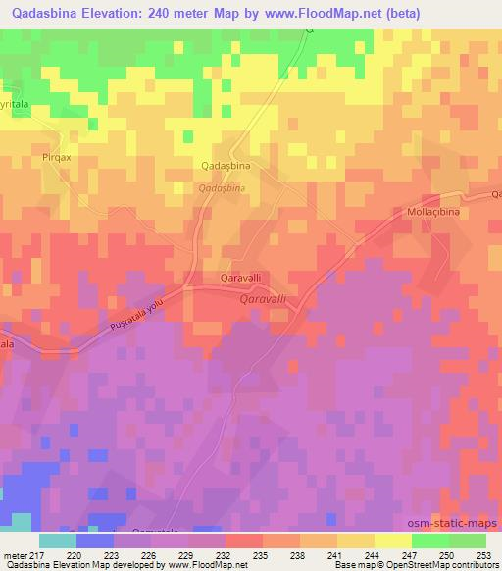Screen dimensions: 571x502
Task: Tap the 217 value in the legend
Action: point(38,554)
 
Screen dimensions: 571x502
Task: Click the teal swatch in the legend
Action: point(57,541)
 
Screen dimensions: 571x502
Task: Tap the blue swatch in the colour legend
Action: point(95,541)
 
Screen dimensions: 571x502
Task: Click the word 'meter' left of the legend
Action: point(15,554)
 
